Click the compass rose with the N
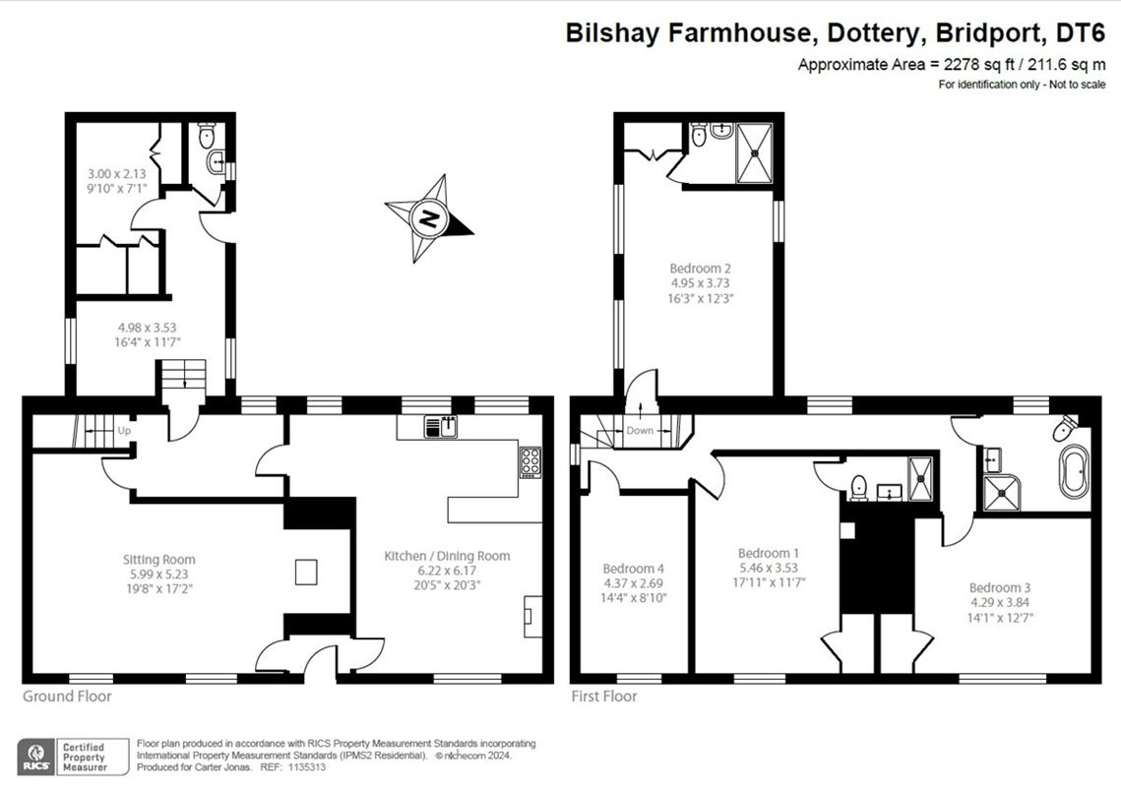pyautogui.click(x=428, y=217)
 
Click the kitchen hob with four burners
pyautogui.click(x=529, y=462)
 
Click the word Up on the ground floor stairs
pyautogui.click(x=124, y=431)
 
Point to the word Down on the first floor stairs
pyautogui.click(x=640, y=431)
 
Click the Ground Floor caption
pyautogui.click(x=67, y=696)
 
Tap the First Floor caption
pyautogui.click(x=604, y=696)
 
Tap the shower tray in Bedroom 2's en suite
pyautogui.click(x=755, y=152)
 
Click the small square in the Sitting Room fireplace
pyautogui.click(x=306, y=572)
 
